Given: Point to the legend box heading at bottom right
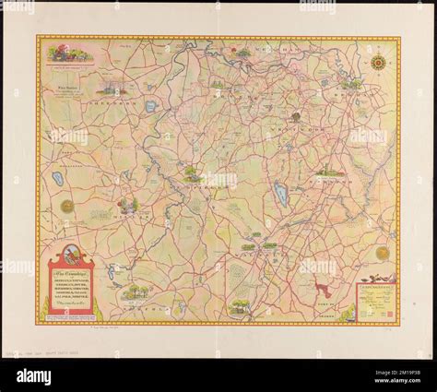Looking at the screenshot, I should click(375, 287).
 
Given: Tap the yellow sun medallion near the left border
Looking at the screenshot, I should click(66, 205).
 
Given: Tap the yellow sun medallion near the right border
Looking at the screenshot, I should click(382, 252).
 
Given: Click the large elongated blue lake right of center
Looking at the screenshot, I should click(280, 195).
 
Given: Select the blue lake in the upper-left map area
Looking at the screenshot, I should click(150, 106).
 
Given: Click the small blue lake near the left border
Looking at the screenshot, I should click(57, 178).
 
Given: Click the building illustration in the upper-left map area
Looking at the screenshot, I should click(114, 89).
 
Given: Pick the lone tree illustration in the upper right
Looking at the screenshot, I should click(295, 116).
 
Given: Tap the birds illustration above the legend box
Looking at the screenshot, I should click(378, 277).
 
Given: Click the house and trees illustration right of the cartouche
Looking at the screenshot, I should click(137, 291).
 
